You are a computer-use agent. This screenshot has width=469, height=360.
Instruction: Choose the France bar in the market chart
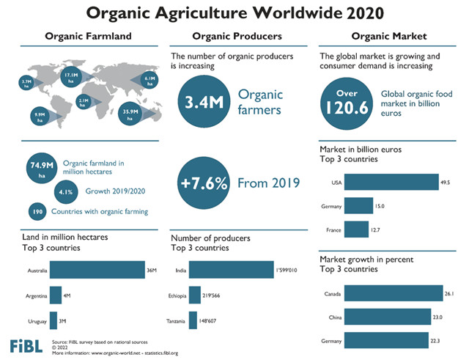(357, 229)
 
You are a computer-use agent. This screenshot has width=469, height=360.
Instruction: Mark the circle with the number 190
(37, 211)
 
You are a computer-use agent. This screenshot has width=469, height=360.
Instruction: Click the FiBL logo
(26, 345)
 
